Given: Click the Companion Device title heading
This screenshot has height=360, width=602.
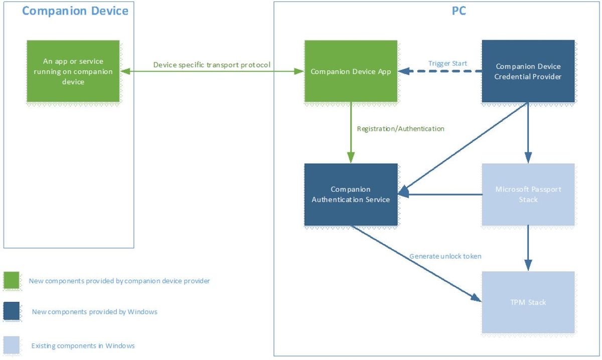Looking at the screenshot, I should (x=75, y=11).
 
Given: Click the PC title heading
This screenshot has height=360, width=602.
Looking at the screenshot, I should (x=459, y=11).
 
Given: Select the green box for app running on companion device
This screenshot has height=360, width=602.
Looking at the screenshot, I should (x=73, y=71).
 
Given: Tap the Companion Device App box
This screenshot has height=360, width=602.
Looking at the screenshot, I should (x=351, y=72).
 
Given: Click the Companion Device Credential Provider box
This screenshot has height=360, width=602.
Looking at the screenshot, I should (x=528, y=71).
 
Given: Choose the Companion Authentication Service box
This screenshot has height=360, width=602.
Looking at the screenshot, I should (x=351, y=195).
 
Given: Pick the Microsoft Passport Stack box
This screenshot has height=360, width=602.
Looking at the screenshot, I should (x=528, y=195).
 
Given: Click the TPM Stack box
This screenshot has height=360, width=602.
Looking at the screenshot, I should (x=528, y=302).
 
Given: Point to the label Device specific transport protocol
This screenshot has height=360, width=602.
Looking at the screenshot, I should (x=212, y=65).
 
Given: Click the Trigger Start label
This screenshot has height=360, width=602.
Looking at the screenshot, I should (x=447, y=63).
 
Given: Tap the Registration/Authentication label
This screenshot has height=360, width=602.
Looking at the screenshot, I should (x=400, y=129).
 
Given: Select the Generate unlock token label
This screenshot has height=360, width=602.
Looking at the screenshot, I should (x=445, y=256).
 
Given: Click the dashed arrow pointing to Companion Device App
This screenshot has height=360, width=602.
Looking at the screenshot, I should (x=441, y=72).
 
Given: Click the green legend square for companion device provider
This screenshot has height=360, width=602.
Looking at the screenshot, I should (x=12, y=280).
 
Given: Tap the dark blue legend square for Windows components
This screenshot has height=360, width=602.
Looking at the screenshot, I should (x=12, y=311).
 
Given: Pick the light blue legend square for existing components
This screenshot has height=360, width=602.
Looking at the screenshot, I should (x=12, y=345).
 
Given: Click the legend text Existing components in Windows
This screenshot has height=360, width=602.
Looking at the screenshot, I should (x=83, y=346).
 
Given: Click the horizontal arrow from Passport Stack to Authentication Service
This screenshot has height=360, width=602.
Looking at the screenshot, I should (x=441, y=195).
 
